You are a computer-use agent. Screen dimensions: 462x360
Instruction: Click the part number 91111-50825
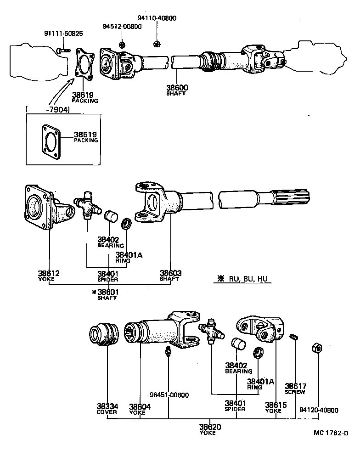tap(63, 34)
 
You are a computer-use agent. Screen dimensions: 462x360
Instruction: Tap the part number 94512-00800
tap(122, 27)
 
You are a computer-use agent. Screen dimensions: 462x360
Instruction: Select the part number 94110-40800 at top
tap(157, 18)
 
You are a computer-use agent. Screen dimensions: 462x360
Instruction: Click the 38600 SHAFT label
tap(178, 90)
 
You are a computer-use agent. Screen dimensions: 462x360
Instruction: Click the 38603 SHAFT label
tap(170, 276)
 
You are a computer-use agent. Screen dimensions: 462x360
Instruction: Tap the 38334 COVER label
tap(107, 409)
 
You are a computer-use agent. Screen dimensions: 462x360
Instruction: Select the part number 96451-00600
tap(169, 395)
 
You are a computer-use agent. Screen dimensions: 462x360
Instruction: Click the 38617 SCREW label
tap(295, 389)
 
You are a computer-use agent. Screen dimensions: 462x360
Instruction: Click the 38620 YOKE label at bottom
tap(210, 429)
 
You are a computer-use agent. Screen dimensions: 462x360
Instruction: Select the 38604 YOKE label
tap(139, 409)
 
